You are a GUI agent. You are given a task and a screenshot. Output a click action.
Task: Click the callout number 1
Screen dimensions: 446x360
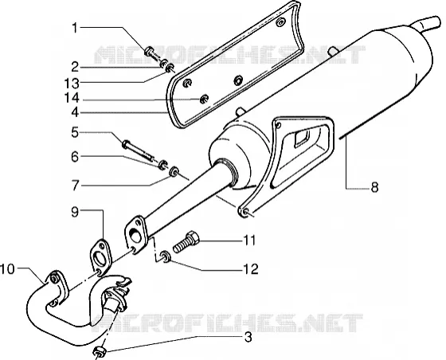pos(75,28)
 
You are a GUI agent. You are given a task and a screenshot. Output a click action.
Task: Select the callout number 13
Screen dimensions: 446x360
pos(72,84)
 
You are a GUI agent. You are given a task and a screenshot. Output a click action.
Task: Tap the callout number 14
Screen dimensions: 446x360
pos(72,99)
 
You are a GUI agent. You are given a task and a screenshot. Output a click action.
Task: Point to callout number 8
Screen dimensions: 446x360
pos(374,187)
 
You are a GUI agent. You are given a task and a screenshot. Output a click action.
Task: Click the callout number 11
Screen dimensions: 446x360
pos(248,241)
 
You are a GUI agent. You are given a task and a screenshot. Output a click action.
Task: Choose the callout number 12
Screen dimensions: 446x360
pos(250,269)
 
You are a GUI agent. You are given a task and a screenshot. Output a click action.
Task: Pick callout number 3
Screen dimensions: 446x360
pos(248,338)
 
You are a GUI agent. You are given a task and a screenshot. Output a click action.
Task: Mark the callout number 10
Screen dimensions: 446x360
pos(7,269)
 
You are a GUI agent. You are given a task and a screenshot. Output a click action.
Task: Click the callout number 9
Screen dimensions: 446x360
pos(75,212)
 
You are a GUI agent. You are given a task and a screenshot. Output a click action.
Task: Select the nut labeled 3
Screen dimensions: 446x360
pos(100,352)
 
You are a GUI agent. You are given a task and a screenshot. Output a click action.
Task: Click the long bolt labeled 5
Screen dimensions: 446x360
pos(139,150)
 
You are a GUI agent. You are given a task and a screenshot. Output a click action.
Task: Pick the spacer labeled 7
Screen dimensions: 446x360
pos(174,171)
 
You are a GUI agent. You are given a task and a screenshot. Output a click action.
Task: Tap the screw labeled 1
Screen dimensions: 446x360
pos(153,54)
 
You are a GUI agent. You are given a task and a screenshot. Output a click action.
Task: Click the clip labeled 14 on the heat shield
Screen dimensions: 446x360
pos(204,99)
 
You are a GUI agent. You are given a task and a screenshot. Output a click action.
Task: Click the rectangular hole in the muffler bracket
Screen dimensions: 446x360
pos(303,137)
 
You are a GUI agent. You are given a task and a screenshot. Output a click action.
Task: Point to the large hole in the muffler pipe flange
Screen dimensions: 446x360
pos(134,233)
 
